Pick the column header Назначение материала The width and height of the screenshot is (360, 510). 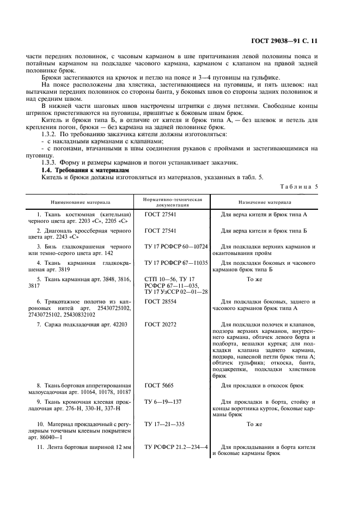pyautogui.click(x=265, y=202)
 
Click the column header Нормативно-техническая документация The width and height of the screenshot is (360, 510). pyautogui.click(x=173, y=202)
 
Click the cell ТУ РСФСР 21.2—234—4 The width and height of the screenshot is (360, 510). pyautogui.click(x=176, y=447)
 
